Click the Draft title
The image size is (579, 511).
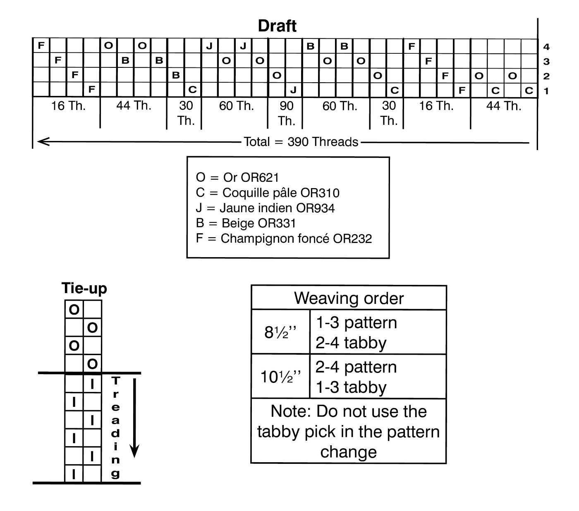277,26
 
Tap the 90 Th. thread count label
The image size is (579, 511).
286,113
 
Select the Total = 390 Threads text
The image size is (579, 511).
301,142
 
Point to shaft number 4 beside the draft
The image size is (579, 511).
546,47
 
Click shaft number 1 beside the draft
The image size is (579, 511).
546,91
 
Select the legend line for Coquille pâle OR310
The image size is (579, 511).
268,193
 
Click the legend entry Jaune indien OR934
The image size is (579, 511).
265,208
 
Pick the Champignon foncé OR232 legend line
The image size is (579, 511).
284,239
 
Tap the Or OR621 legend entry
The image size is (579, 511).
237,177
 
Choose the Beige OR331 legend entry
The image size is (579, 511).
246,223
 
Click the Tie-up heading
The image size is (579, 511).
84,288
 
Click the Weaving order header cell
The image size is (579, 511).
349,298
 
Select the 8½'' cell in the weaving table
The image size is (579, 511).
280,332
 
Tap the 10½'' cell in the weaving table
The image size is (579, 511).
280,377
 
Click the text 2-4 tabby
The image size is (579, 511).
351,343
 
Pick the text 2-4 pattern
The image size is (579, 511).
356,367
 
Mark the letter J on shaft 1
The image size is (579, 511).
293,90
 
